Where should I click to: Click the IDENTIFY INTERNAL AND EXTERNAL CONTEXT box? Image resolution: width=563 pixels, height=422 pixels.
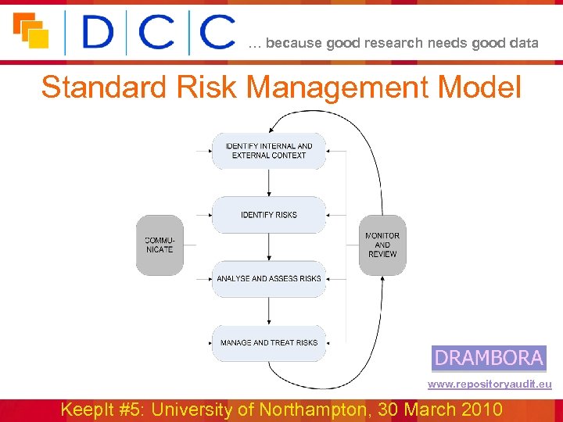pos(268,151)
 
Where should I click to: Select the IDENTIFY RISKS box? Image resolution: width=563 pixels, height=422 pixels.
pos(268,215)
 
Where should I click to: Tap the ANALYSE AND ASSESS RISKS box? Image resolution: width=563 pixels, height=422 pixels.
pos(268,279)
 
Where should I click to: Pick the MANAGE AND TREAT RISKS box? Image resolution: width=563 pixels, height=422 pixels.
pos(268,342)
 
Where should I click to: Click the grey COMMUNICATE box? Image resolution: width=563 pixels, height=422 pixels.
pos(160,245)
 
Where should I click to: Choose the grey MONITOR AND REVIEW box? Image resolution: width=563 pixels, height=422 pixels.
pos(382,245)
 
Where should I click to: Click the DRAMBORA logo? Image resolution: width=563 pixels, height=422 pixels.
pos(489,358)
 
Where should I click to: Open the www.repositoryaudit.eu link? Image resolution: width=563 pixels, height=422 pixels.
pos(489,384)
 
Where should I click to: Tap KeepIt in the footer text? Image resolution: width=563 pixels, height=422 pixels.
pos(89,409)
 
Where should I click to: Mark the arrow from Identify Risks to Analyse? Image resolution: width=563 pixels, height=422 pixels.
pos(268,247)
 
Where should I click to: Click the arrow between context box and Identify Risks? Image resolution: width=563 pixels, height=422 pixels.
pos(268,183)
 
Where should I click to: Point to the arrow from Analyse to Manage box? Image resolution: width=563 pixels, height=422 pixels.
pos(268,310)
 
